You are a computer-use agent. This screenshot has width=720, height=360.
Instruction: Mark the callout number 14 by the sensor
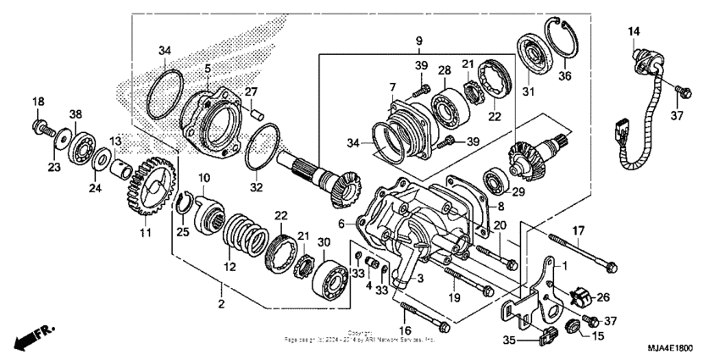tap(634, 31)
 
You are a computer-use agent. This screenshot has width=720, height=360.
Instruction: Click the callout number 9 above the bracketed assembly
tap(418, 41)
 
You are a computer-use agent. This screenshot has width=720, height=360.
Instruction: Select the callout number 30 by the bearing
tap(324, 242)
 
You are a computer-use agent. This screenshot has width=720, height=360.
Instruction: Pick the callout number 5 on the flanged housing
tap(207, 67)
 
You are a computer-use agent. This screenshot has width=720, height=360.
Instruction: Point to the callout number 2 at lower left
tap(220, 303)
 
